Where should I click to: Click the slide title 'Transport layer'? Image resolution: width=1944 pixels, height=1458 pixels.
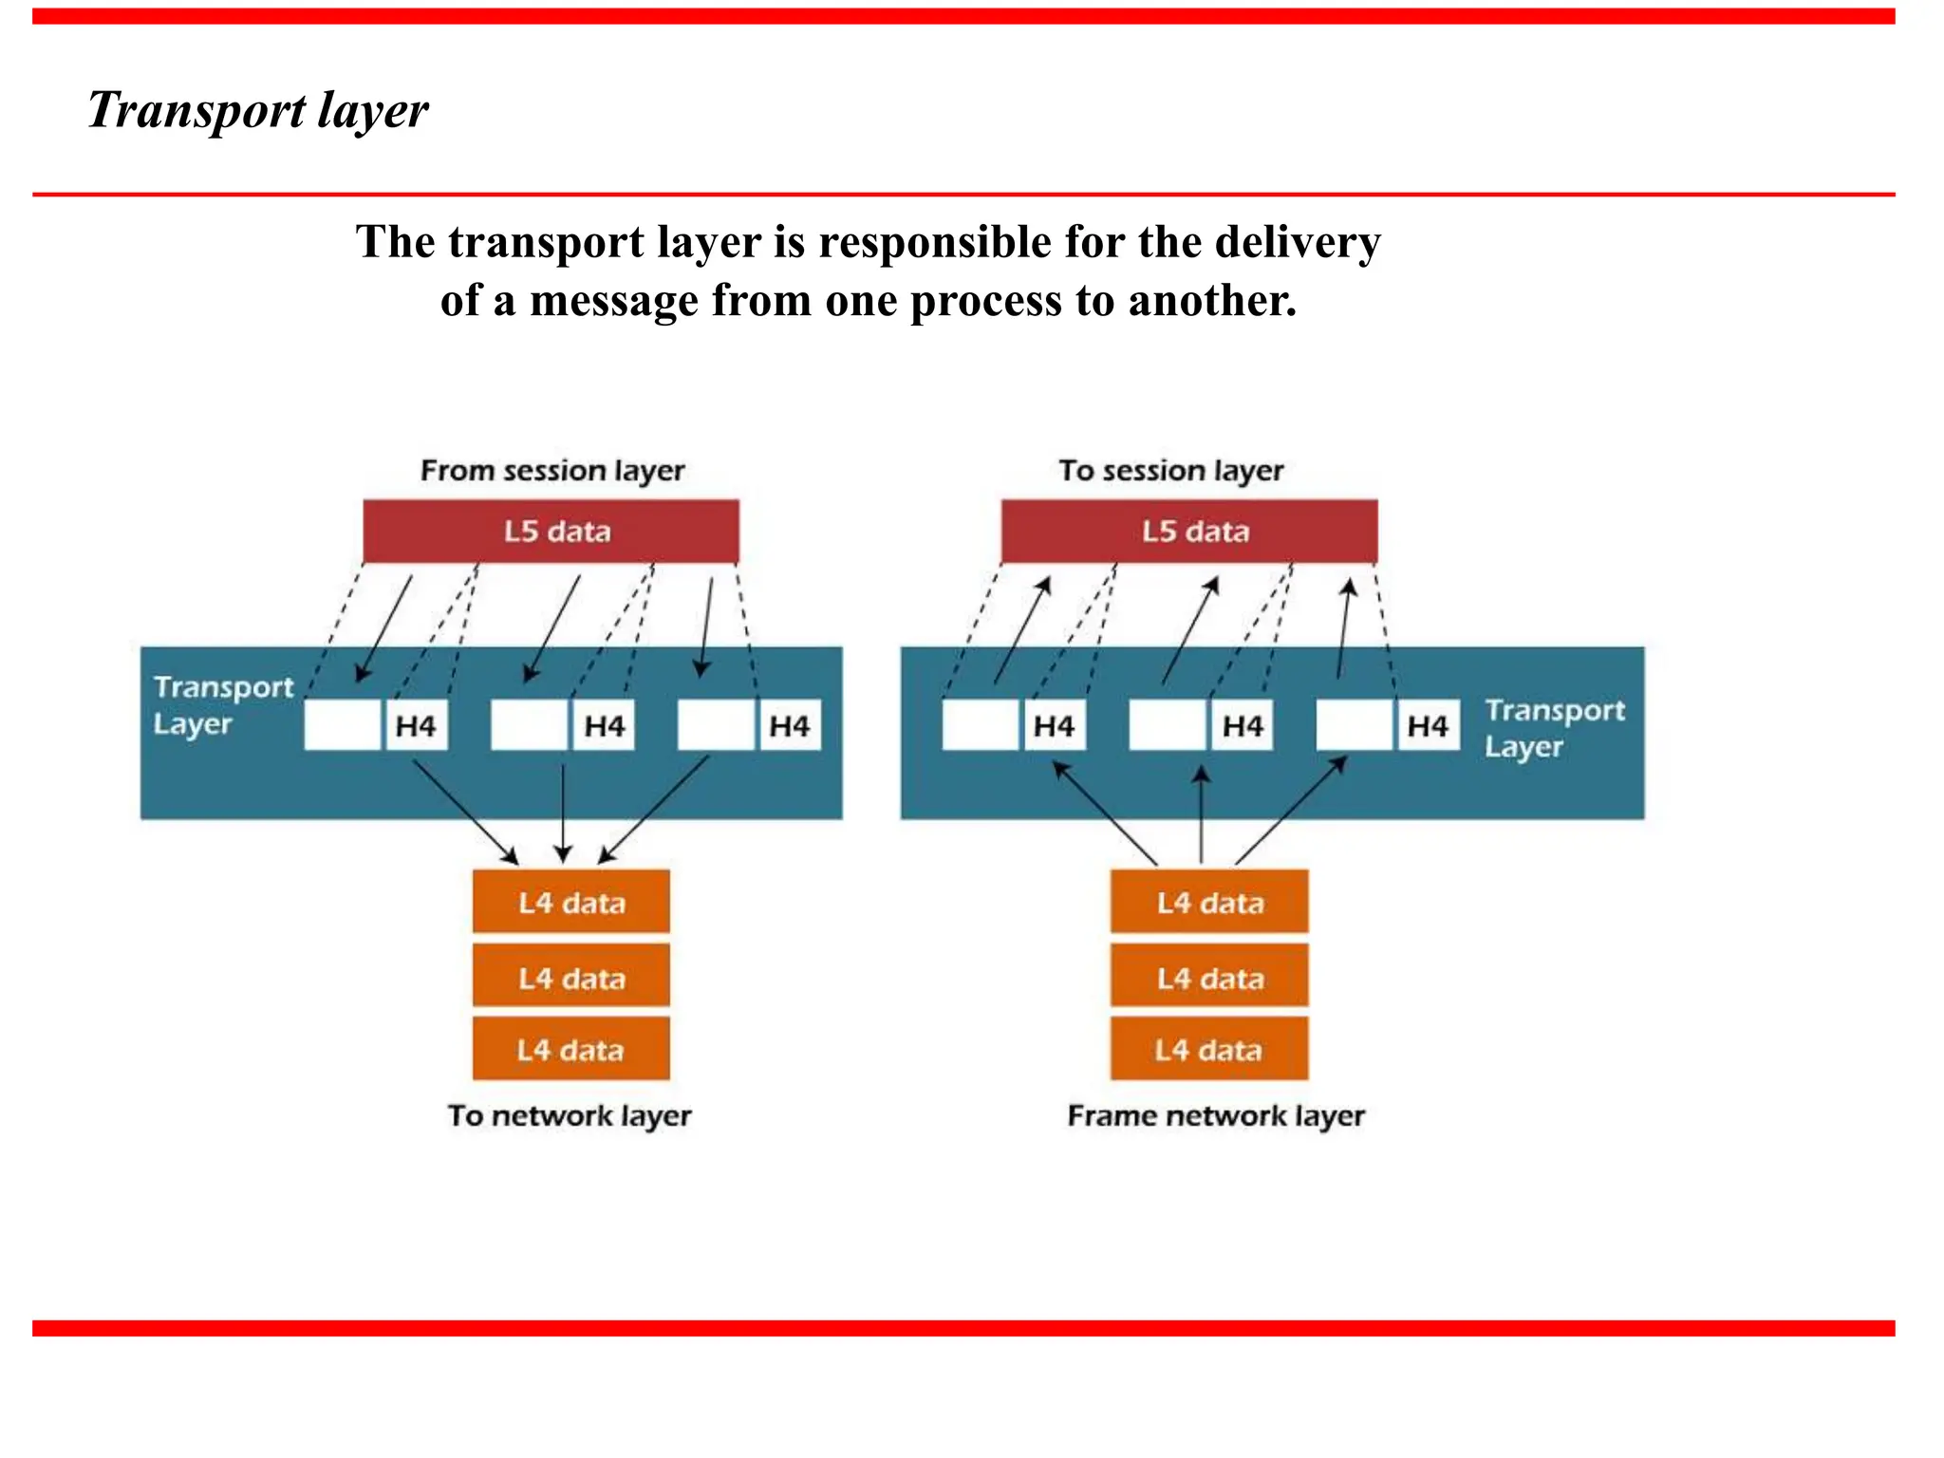[258, 110]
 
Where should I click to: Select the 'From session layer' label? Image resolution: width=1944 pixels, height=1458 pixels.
[552, 471]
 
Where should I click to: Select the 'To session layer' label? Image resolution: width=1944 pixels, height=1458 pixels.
[1170, 471]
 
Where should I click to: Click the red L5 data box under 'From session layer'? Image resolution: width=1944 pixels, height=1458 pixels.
[551, 532]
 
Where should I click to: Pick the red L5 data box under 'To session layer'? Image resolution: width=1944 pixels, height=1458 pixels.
[1189, 532]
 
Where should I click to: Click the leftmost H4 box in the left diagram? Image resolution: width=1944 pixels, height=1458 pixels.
[416, 726]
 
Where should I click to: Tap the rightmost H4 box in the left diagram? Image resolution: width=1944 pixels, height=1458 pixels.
[789, 726]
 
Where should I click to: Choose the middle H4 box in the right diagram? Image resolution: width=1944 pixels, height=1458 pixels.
[1242, 726]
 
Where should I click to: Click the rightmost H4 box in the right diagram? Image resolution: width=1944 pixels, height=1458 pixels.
[1428, 726]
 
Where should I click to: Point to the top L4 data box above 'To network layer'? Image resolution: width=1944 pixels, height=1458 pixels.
[571, 902]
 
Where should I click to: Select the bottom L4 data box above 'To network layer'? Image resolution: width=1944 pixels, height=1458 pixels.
[571, 1050]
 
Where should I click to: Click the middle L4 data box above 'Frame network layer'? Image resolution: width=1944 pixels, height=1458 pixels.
[1209, 978]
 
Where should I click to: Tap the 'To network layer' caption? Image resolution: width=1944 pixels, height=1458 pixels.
[570, 1115]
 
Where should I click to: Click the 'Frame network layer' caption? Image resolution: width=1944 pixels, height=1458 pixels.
[1216, 1115]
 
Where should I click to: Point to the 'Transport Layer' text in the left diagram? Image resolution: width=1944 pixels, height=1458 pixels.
[222, 705]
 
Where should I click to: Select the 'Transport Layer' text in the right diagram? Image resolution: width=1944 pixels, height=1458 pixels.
[1554, 728]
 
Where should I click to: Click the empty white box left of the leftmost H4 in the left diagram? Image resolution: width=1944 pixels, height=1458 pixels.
[343, 726]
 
